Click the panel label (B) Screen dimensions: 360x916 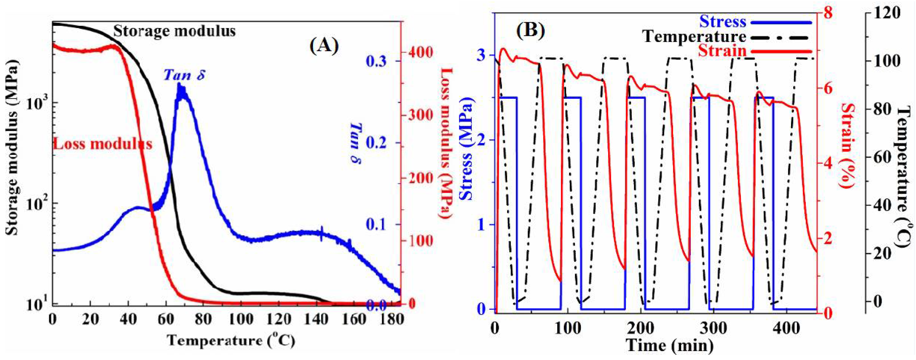pyautogui.click(x=531, y=31)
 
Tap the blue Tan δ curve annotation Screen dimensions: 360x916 pyautogui.click(x=184, y=75)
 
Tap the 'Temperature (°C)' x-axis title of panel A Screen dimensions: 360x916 pyautogui.click(x=231, y=341)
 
